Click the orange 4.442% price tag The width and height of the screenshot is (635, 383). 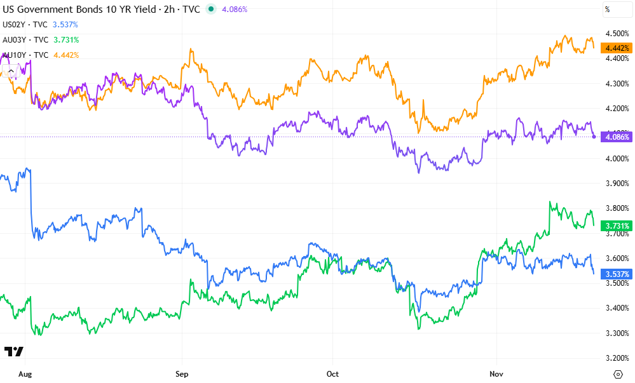pos(618,48)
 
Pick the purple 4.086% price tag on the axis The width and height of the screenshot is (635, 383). pos(618,137)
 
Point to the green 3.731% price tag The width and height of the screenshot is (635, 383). pos(618,225)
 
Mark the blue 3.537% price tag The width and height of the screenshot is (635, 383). pos(618,274)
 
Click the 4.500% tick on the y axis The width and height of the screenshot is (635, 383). pos(617,34)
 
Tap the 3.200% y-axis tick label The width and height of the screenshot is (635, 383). pos(617,358)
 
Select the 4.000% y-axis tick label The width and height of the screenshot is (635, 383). pos(617,158)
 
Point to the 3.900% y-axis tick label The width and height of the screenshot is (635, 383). pos(617,183)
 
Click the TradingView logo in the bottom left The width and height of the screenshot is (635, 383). pos(13,351)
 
